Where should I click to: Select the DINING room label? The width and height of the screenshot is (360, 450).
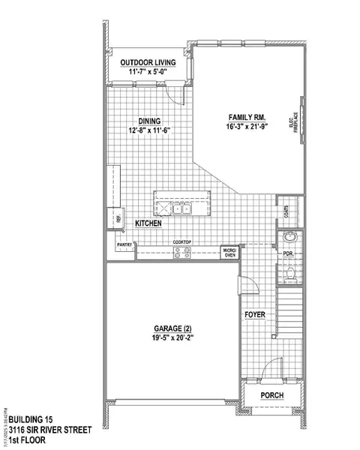point(150,120)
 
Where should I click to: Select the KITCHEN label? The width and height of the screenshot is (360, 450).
point(150,223)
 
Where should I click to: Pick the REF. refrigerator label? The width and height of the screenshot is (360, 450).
point(118,218)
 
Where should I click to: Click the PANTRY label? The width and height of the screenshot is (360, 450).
point(123,244)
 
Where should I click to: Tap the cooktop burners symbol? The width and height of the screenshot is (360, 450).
point(182,253)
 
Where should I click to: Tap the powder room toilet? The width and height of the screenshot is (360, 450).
point(289,277)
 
